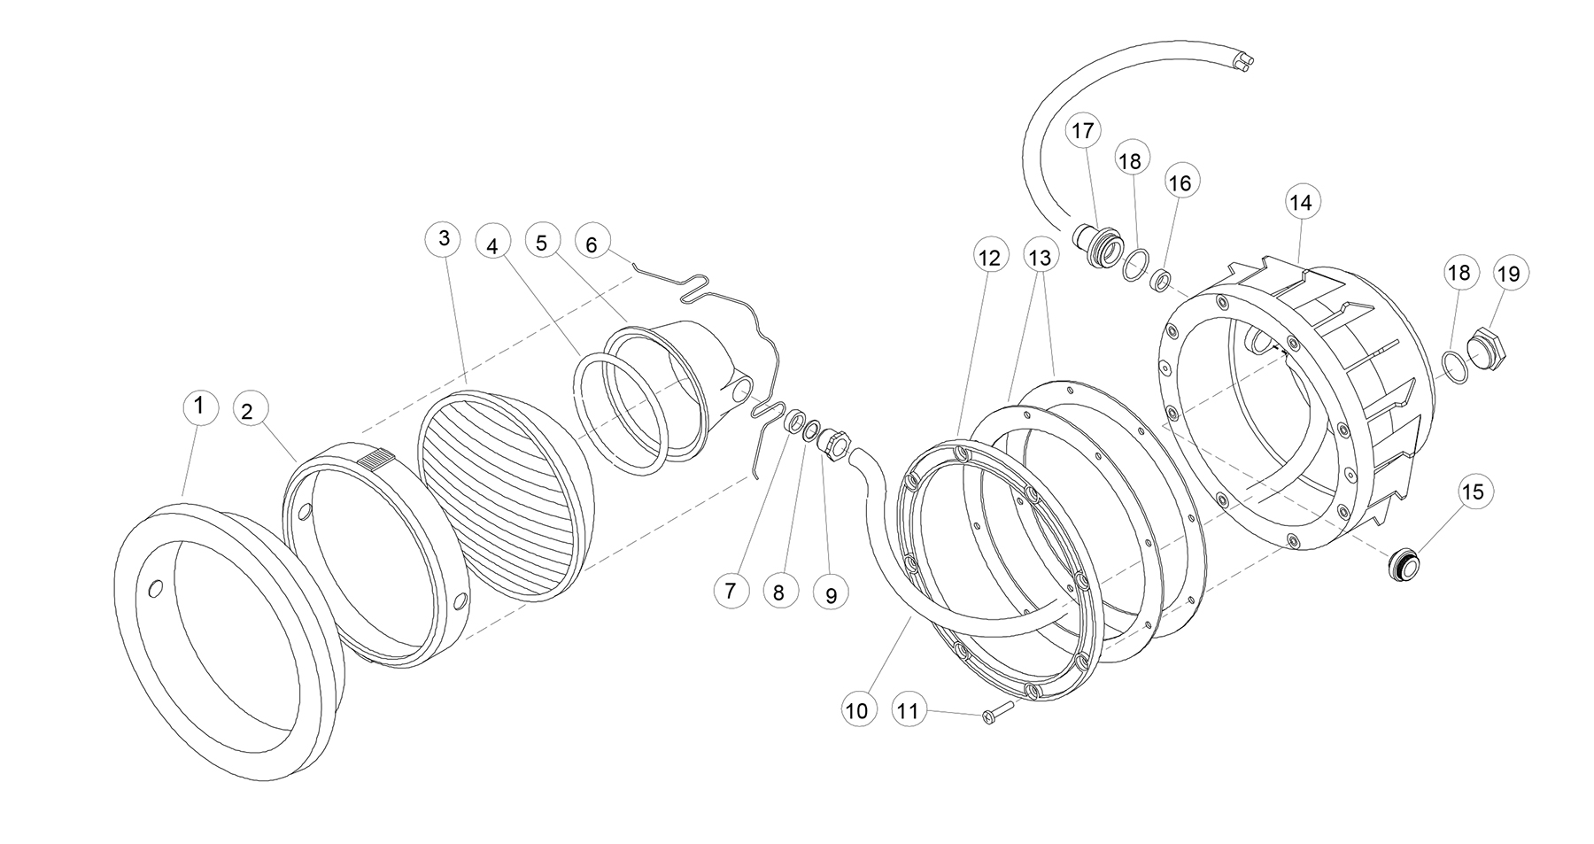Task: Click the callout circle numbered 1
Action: [x=199, y=407]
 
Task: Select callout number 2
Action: [x=247, y=411]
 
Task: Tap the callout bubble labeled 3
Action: [x=444, y=238]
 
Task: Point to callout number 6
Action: [x=592, y=244]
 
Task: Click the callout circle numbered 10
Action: [x=857, y=710]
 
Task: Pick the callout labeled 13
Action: [x=1040, y=257]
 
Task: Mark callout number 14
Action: [x=1300, y=203]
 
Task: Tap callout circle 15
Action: [x=1473, y=492]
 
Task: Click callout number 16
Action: [x=1180, y=182]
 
